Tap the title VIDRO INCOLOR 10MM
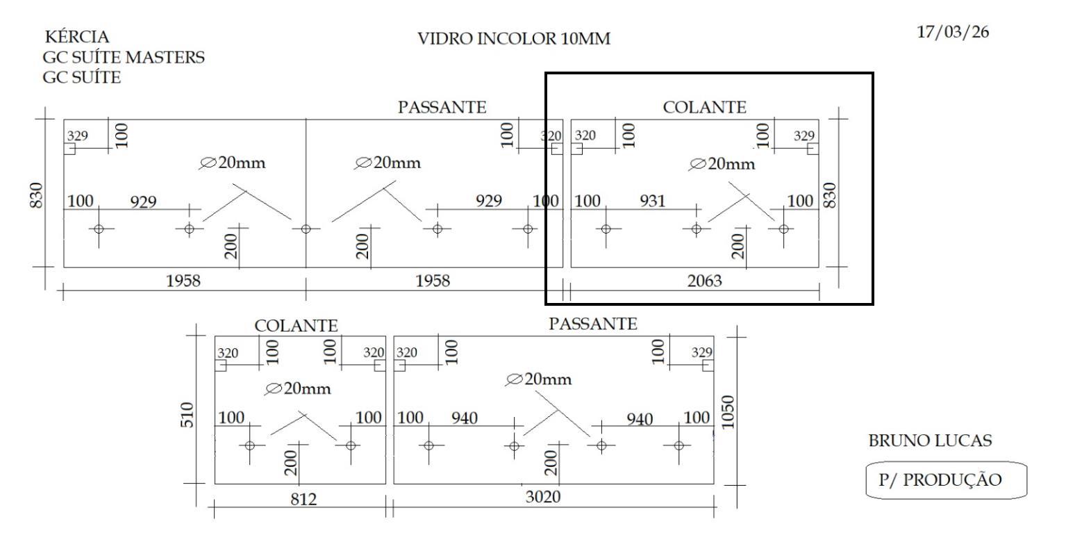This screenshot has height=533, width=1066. tap(514, 39)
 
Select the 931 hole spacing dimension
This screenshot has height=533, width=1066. tap(652, 202)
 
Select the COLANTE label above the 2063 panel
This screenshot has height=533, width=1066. tap(705, 108)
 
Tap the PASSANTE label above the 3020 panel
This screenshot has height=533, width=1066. tap(592, 323)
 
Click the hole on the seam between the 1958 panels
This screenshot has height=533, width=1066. tap(306, 229)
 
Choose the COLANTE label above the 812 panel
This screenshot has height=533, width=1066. tap(297, 325)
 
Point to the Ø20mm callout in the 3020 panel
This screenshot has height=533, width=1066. tap(540, 379)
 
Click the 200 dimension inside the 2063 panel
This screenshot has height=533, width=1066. tap(738, 244)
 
